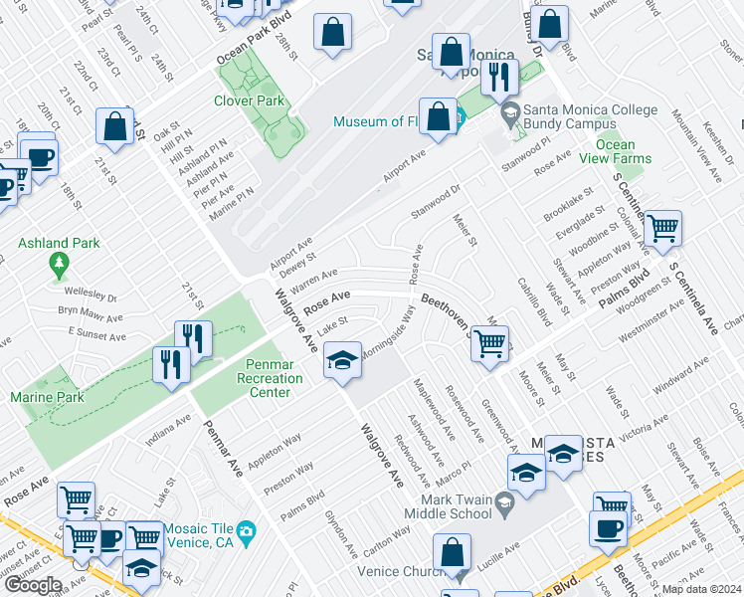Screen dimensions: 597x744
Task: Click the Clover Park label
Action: click(249, 100)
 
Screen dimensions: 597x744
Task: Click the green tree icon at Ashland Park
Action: click(59, 264)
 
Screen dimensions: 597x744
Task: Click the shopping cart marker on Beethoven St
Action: click(489, 344)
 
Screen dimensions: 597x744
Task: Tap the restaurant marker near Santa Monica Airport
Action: click(499, 76)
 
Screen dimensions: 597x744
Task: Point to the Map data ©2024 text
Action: click(701, 589)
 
